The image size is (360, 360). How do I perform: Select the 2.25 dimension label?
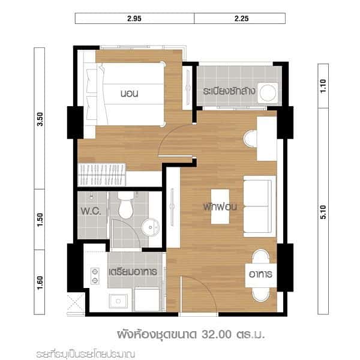point(239,18)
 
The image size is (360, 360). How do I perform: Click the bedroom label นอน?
point(130,94)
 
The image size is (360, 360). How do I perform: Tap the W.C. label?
point(91,212)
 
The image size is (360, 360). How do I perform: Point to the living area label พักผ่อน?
point(221,206)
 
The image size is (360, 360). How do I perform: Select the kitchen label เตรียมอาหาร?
point(133,272)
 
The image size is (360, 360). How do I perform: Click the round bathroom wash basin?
point(149,227)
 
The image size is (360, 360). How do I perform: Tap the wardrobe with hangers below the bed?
point(102,172)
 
